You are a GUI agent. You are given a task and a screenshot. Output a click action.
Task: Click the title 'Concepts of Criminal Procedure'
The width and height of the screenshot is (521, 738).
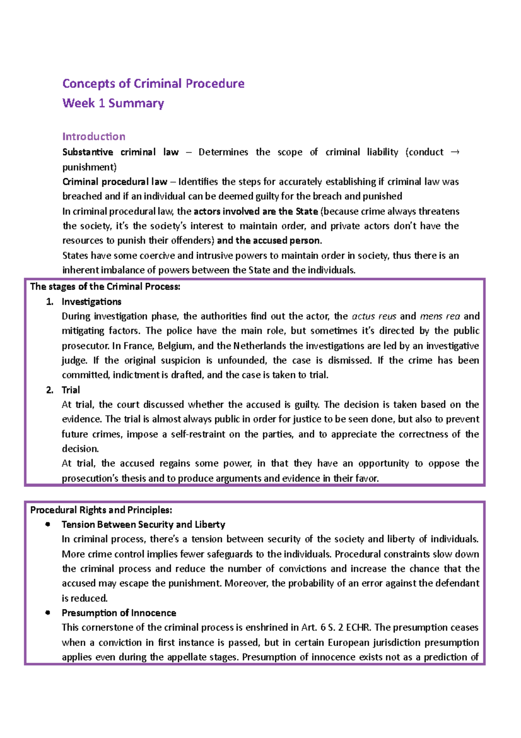[x=153, y=83]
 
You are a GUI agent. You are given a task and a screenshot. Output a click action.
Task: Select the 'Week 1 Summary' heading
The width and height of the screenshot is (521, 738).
[x=113, y=103]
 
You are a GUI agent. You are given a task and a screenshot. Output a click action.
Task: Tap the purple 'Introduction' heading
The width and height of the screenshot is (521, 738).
[x=93, y=136]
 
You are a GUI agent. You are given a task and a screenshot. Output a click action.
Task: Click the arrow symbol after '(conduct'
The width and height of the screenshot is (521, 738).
[x=455, y=152]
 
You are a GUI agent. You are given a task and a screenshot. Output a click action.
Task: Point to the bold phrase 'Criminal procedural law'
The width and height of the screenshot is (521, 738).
[x=115, y=182]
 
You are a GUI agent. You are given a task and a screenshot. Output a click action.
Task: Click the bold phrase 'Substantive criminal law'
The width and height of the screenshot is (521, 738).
[x=120, y=152]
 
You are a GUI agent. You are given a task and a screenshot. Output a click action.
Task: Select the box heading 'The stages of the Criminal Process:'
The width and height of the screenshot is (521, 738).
[x=105, y=286]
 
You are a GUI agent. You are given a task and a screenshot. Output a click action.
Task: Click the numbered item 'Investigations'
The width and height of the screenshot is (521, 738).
[x=91, y=302]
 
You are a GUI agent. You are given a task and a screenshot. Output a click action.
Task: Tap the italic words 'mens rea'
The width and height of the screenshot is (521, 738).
[x=440, y=316]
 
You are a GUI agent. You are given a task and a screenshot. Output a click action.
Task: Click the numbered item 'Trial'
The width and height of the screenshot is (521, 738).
[x=71, y=390]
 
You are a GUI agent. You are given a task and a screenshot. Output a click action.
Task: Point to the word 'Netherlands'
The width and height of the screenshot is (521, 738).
[x=260, y=346]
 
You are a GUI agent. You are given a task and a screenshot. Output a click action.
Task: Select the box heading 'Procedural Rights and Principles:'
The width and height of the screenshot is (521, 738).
[x=101, y=510]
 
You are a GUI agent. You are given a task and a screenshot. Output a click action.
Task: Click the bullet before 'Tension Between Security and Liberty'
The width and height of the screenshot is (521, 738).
[x=48, y=525]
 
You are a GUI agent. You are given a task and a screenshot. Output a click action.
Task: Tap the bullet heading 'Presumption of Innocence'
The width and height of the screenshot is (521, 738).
[x=119, y=613]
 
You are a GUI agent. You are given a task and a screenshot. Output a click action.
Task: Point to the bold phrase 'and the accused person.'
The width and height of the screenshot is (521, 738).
[x=269, y=240]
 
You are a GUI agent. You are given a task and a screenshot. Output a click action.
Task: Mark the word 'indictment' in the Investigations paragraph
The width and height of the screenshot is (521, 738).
[x=136, y=375]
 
